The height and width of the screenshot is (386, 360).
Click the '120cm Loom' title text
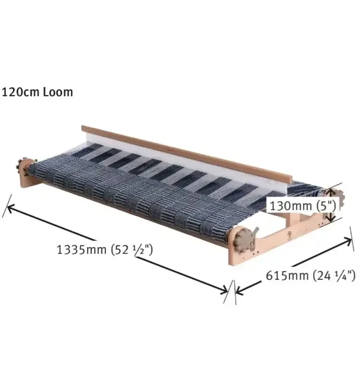tap(37, 92)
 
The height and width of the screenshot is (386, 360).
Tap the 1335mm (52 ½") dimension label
tap(105, 249)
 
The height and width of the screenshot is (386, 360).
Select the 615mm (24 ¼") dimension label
tap(310, 275)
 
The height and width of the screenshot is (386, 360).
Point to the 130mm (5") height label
tap(303, 206)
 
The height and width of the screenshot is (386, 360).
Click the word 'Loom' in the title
tap(58, 92)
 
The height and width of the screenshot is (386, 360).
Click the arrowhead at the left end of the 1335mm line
tap(11, 208)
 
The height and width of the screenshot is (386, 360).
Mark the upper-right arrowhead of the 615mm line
tap(347, 240)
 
